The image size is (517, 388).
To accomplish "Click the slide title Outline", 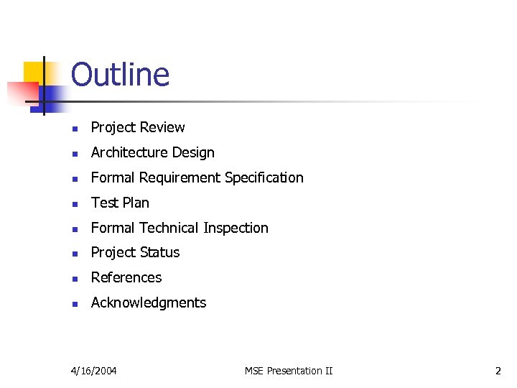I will (x=120, y=75).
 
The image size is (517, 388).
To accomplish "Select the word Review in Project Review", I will (x=162, y=127).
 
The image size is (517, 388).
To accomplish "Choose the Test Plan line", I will (x=120, y=203).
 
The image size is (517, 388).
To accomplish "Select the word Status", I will (x=159, y=252).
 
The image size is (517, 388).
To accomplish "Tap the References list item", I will (x=126, y=277).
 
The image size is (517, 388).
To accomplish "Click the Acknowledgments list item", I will (x=149, y=302).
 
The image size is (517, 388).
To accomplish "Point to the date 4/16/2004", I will (x=94, y=371).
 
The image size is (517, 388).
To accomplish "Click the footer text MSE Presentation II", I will (x=289, y=371).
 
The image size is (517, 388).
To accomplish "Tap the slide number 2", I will (x=498, y=371).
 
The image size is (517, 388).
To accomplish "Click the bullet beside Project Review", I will (x=74, y=129).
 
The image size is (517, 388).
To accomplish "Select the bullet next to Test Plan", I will (x=74, y=204).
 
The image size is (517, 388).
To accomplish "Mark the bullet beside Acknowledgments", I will (x=74, y=304).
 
